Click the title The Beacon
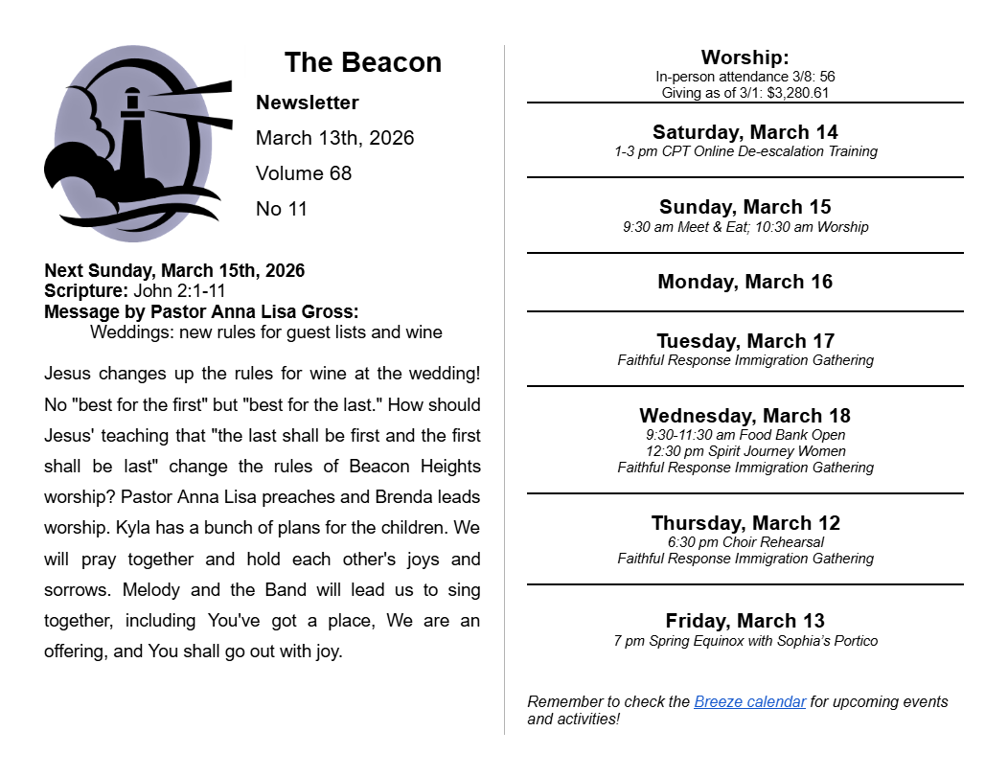click(x=362, y=63)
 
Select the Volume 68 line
click(x=304, y=173)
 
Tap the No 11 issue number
click(x=282, y=209)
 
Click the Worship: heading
click(x=745, y=57)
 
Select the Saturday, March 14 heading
click(x=745, y=132)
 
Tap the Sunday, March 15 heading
click(x=745, y=207)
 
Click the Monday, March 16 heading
click(x=745, y=282)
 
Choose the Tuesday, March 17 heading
click(x=745, y=341)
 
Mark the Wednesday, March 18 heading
click(x=745, y=416)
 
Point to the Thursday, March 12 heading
click(x=745, y=523)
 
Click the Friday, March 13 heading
click(x=745, y=621)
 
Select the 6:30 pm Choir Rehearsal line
click(x=745, y=542)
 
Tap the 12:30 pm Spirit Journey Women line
click(x=745, y=451)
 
